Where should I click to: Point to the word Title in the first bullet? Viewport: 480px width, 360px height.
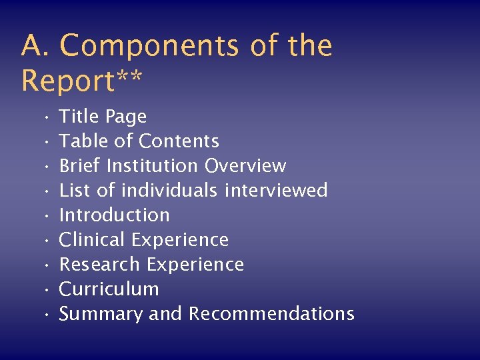click(x=79, y=117)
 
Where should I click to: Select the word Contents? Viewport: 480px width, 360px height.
click(x=179, y=141)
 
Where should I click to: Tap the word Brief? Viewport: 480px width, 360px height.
click(x=80, y=166)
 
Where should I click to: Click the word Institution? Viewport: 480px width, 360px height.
click(x=153, y=166)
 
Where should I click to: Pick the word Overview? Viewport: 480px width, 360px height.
click(x=245, y=166)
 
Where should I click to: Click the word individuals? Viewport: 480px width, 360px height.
click(x=169, y=191)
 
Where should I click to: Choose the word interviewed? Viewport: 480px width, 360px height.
click(x=276, y=191)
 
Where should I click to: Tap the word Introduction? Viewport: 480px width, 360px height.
click(x=115, y=215)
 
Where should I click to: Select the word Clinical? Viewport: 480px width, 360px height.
click(x=93, y=240)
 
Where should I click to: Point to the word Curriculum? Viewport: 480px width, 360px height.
click(x=109, y=289)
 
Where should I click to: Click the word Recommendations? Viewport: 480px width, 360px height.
click(x=271, y=314)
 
